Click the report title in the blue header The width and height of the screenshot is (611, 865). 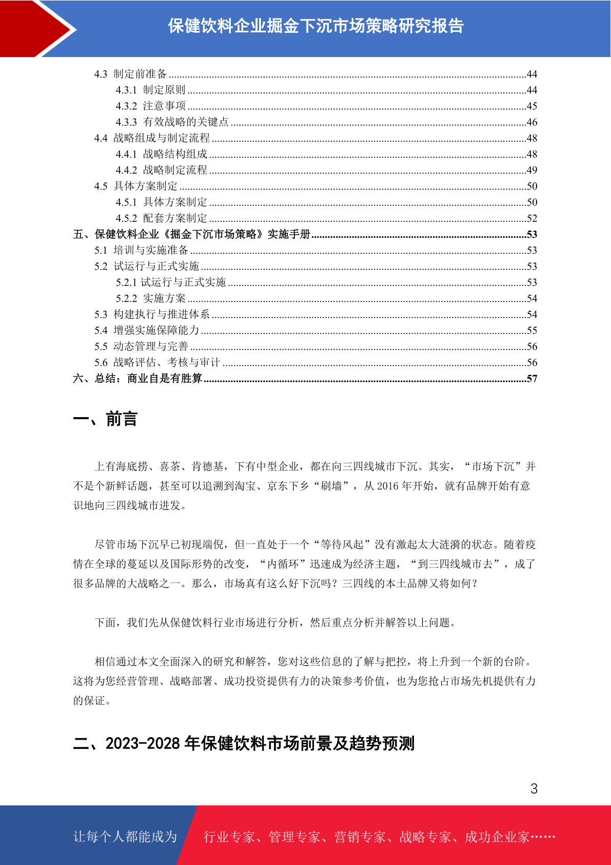(x=316, y=26)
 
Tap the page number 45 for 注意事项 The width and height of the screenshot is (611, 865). (x=531, y=106)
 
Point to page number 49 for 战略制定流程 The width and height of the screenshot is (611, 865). (x=531, y=170)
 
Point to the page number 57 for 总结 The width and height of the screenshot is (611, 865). (x=531, y=379)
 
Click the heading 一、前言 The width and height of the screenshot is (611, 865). (x=105, y=419)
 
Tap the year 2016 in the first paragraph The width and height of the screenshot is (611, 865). (x=387, y=486)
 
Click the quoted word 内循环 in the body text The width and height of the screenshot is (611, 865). (x=284, y=564)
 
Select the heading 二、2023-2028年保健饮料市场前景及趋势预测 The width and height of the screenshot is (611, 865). (x=244, y=743)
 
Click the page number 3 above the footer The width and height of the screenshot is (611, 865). (x=534, y=789)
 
